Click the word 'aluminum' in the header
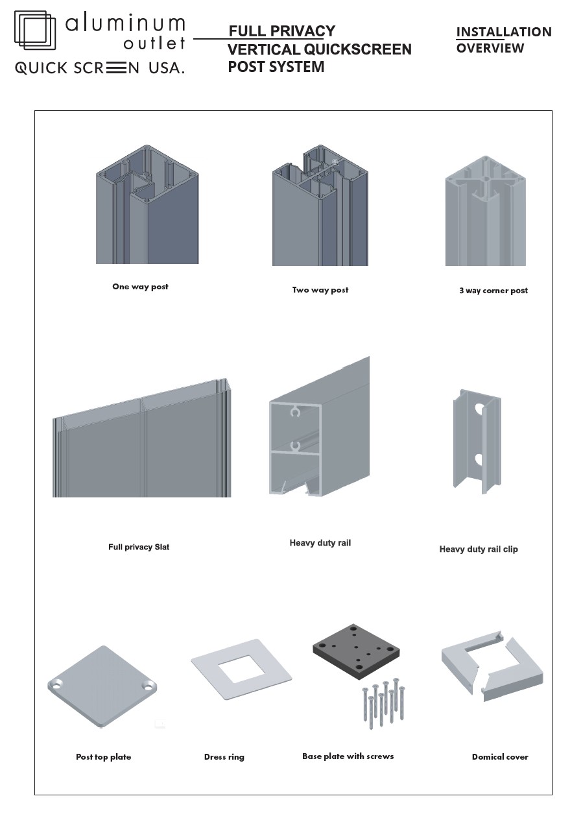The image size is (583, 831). [x=125, y=25]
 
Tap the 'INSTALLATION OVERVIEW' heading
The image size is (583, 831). [x=503, y=40]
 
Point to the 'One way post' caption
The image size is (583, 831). [x=140, y=287]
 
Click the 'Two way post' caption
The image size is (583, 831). [x=320, y=290]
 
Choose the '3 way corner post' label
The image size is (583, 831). [x=494, y=291]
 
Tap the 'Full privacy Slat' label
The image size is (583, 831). [x=139, y=547]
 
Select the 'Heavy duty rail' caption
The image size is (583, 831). [x=320, y=543]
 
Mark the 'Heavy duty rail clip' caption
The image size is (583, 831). [x=479, y=549]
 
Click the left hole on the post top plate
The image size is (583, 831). [x=56, y=685]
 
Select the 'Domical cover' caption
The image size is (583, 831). [x=500, y=757]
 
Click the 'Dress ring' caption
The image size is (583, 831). [x=224, y=757]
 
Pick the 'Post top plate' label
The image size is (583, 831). [x=103, y=757]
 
